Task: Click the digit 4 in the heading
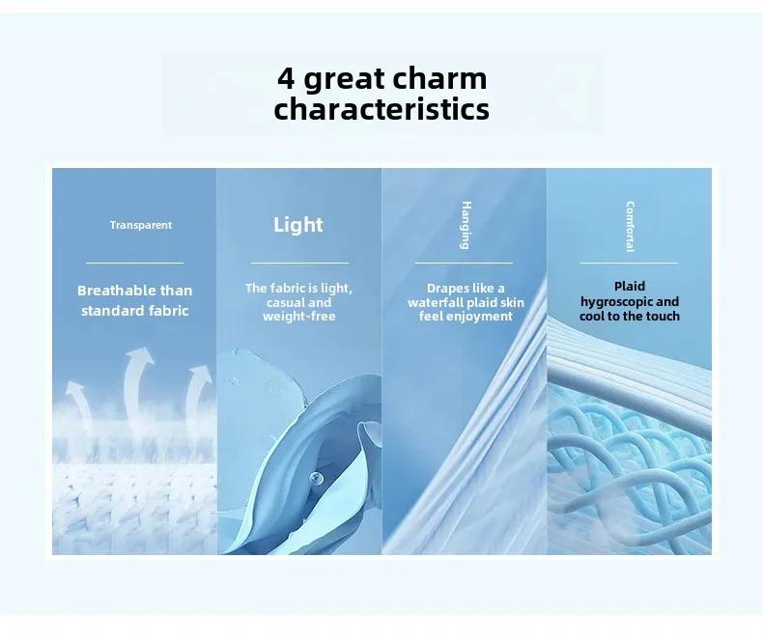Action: pos(286,78)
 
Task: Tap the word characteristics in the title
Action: pos(381,109)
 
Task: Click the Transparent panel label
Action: pos(141,225)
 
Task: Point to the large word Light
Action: pos(298,225)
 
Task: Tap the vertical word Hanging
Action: pos(466,225)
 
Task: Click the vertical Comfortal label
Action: pos(630,227)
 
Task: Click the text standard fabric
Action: pos(135,311)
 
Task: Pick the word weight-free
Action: pos(299,317)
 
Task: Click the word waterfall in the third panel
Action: pos(435,302)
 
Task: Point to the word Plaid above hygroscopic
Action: pos(630,286)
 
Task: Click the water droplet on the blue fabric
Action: pos(316,478)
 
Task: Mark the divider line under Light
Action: pos(299,264)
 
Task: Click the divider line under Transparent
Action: pos(135,264)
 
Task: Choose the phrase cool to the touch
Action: pos(629,316)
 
